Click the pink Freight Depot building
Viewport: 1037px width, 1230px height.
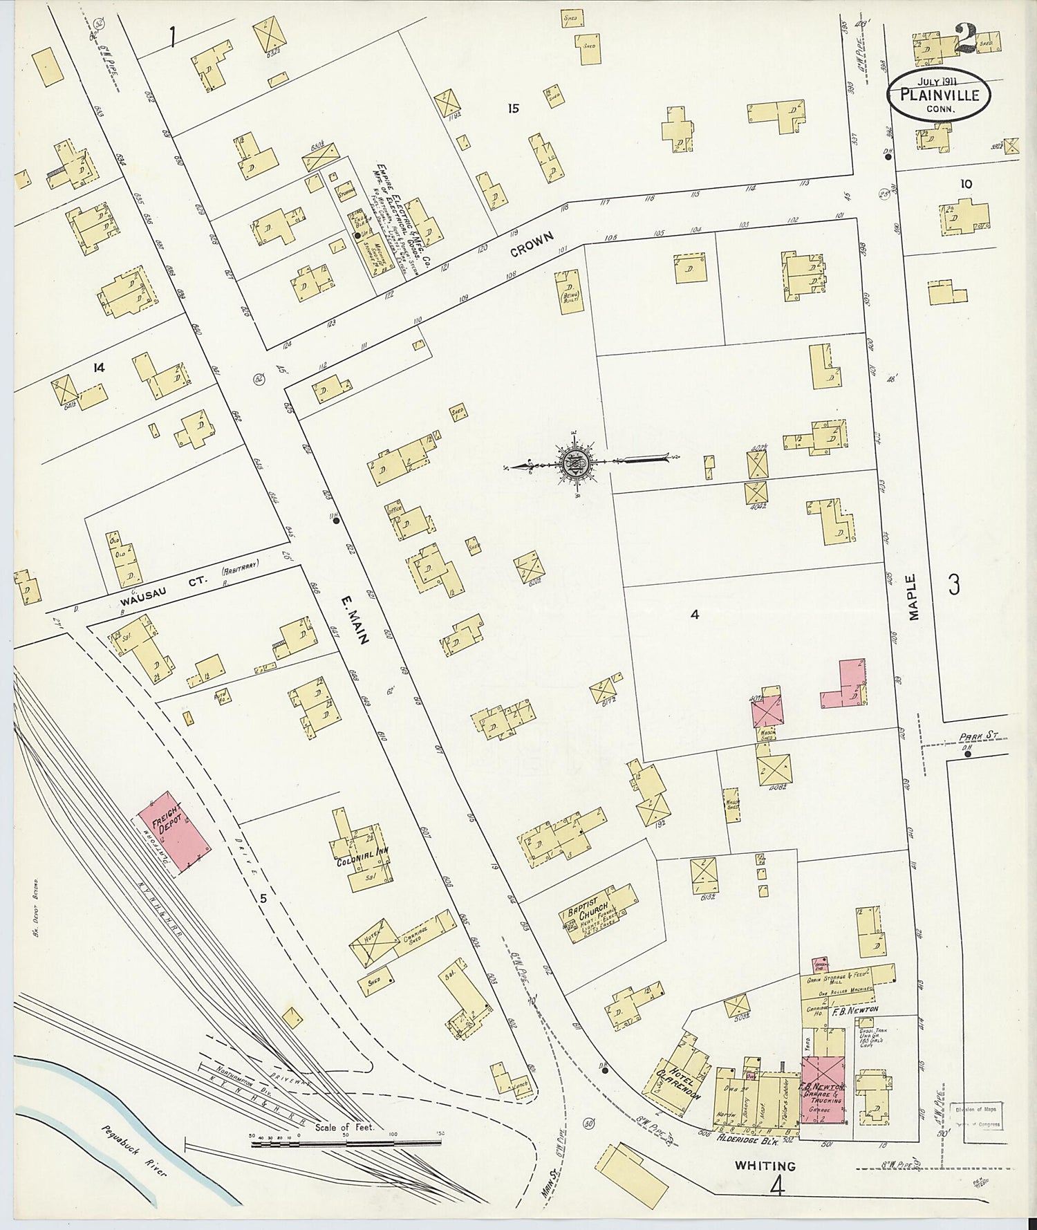click(174, 832)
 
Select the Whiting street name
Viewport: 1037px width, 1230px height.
click(765, 1166)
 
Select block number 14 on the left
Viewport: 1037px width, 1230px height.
click(98, 368)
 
